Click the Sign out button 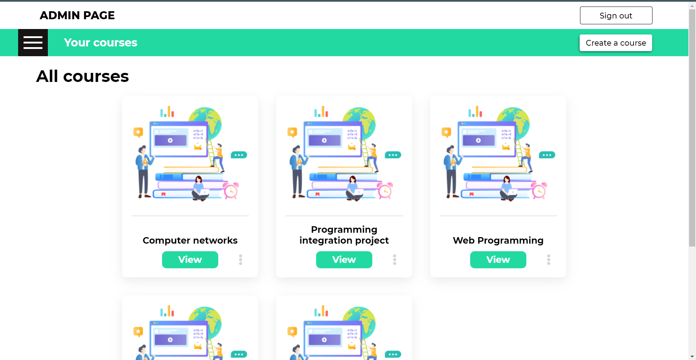click(616, 16)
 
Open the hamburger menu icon click(33, 43)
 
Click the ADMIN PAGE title click(77, 15)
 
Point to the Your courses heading click(100, 43)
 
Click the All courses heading click(83, 76)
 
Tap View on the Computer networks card click(190, 260)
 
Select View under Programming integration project click(344, 260)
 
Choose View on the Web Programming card click(498, 260)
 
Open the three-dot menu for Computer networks click(241, 260)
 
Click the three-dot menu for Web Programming click(549, 260)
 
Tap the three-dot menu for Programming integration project click(395, 260)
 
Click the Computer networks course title click(190, 240)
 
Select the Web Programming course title click(498, 240)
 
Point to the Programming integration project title click(344, 235)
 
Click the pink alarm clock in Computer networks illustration click(231, 191)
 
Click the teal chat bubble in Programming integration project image click(393, 155)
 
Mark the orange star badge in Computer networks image click(138, 132)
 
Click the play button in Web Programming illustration click(478, 140)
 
